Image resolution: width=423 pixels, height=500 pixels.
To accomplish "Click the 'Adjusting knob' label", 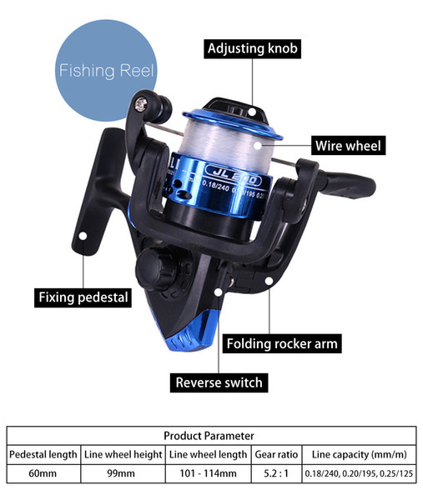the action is [x=252, y=49].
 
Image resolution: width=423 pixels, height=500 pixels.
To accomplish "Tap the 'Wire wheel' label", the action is [x=348, y=146].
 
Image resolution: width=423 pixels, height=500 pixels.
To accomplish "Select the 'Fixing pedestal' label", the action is [x=83, y=297].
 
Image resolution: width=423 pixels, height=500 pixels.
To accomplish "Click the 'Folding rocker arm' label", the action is [x=282, y=343].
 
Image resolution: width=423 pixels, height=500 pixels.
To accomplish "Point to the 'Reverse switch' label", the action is [x=219, y=382].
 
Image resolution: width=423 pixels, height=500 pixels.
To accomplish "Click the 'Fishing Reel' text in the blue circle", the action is [x=107, y=71].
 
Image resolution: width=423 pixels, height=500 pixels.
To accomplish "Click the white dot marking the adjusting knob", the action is [x=252, y=112].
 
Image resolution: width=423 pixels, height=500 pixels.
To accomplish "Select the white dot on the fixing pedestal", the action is [x=83, y=237].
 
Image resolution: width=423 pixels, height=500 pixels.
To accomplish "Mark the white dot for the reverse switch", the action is [x=219, y=292].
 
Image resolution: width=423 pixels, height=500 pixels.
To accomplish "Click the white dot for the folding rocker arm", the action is [x=269, y=281].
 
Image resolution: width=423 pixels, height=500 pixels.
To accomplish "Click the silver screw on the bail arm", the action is [x=141, y=104].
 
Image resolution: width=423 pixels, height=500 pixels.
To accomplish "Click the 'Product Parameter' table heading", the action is [x=209, y=436].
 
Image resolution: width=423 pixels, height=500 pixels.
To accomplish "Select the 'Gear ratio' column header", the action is [x=276, y=454].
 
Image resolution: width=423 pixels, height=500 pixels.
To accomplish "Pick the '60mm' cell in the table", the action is [x=43, y=473].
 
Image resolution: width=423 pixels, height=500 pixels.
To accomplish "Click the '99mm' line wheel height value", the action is [x=121, y=473].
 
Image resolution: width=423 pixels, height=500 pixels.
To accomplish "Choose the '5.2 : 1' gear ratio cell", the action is [x=276, y=473].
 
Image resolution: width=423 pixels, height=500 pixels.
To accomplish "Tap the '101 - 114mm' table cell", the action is [x=208, y=473].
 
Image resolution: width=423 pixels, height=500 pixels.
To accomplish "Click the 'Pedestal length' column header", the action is [x=43, y=454].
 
